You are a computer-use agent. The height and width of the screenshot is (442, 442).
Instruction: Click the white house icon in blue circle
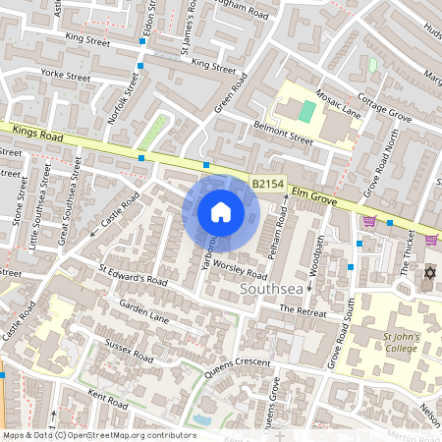click(221, 211)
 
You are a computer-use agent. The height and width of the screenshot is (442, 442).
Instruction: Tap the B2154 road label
click(267, 184)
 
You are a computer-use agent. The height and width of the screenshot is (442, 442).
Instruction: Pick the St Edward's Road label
click(134, 273)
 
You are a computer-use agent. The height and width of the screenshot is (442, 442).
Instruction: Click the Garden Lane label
click(145, 311)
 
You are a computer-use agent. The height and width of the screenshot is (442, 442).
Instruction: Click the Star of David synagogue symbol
click(428, 272)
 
